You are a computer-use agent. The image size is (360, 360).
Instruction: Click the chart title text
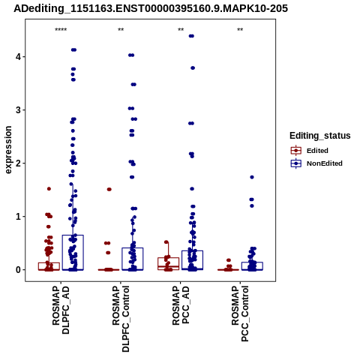point(151,8)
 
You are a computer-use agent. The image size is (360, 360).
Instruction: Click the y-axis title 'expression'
point(8,150)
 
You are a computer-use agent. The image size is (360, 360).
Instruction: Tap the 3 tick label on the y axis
point(18,110)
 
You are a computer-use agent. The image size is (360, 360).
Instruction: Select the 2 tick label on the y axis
point(18,163)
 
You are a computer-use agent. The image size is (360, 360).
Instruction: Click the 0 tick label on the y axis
point(18,270)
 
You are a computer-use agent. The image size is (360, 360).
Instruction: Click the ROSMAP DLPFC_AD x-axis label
point(61,310)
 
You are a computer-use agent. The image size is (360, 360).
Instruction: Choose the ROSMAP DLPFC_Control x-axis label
point(121,319)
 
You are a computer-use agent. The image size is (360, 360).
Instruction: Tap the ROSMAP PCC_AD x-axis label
point(181,305)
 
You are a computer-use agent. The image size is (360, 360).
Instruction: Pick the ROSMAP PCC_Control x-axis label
point(240,314)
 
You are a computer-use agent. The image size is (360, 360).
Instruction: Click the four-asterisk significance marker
point(61,30)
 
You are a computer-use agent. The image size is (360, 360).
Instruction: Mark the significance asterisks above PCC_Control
point(240,30)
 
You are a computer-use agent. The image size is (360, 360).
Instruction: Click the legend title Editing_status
point(320,136)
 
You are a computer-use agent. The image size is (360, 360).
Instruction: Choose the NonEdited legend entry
point(316,163)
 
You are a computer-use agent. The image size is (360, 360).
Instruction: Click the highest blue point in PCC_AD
point(191,36)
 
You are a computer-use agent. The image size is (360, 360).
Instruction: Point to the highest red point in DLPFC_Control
point(109,189)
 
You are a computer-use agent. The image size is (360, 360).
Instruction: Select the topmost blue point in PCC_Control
point(252,177)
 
